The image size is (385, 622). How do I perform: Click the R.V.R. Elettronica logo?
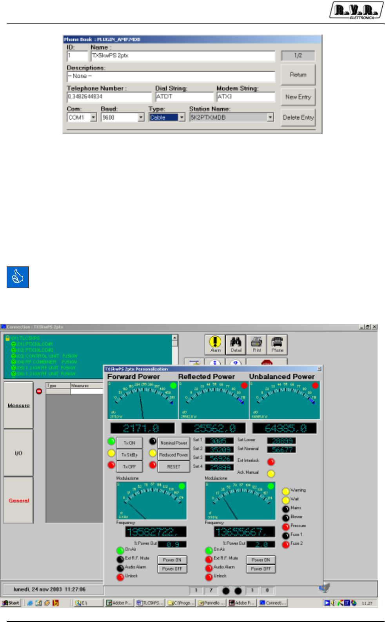click(356, 11)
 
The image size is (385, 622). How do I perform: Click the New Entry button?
click(298, 97)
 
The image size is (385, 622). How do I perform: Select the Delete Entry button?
click(298, 117)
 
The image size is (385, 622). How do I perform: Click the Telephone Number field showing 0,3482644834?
click(109, 97)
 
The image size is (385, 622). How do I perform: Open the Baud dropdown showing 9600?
click(141, 117)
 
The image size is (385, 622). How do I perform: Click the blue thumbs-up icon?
click(18, 277)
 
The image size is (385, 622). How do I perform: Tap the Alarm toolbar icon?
click(215, 344)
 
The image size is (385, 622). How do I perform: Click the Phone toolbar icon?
click(277, 344)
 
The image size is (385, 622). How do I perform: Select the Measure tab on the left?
click(18, 405)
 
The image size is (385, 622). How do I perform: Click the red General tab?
click(19, 500)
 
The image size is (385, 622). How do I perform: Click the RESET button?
click(174, 467)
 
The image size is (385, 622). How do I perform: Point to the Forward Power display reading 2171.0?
click(142, 428)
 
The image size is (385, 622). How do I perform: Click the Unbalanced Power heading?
click(282, 377)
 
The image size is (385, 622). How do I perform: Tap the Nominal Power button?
click(174, 443)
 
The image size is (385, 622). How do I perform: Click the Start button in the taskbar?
click(11, 603)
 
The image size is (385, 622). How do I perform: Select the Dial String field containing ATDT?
click(184, 97)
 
